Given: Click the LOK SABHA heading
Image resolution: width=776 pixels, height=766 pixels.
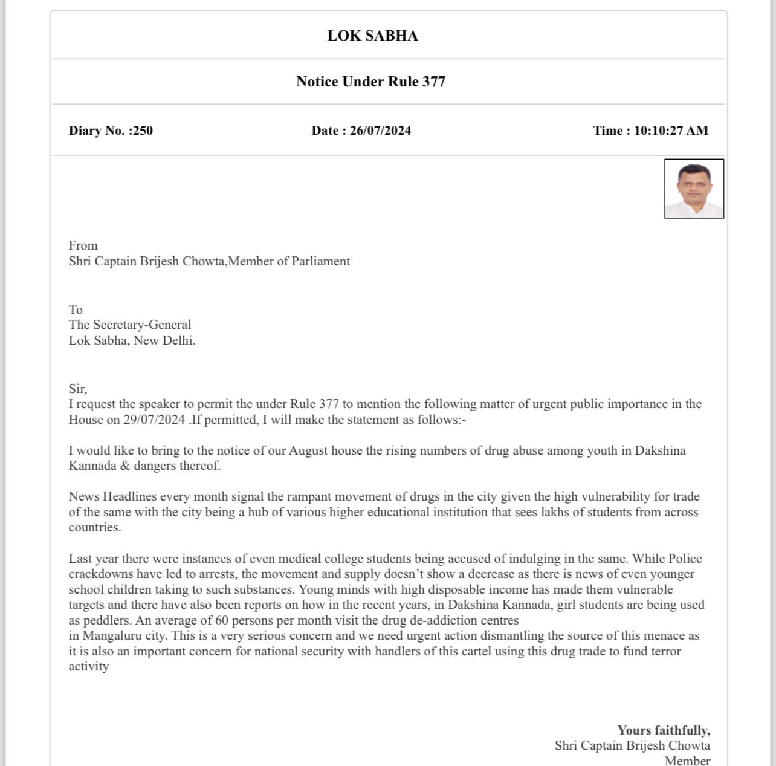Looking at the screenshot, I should (372, 36).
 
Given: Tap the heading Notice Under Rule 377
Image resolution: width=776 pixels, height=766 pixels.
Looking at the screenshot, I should (370, 82).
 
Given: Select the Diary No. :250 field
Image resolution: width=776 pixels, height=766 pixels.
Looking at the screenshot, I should (111, 131).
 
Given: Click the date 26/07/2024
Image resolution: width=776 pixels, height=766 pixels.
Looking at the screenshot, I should (380, 131).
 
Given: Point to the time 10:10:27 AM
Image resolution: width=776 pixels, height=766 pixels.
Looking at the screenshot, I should (670, 131).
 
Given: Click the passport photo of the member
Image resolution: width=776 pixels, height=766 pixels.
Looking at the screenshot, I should (694, 189).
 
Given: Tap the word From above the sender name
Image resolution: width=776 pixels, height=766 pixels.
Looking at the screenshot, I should (83, 245).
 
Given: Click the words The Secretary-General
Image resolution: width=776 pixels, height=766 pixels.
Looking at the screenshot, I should (129, 325).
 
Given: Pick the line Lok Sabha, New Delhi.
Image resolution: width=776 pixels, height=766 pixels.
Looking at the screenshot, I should (132, 340).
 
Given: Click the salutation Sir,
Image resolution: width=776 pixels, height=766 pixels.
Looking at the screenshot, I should (77, 389).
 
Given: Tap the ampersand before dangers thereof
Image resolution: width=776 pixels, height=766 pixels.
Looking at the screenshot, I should (125, 466).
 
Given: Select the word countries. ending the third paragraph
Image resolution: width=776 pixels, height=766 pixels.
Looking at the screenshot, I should (94, 527).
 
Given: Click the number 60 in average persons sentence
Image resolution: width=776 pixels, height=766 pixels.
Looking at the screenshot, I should (222, 620).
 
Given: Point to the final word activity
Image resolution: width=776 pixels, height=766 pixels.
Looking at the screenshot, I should (88, 666).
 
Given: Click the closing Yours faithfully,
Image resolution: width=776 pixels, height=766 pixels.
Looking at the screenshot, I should (664, 730).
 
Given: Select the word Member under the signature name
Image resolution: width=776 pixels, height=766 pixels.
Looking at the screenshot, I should (687, 761).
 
